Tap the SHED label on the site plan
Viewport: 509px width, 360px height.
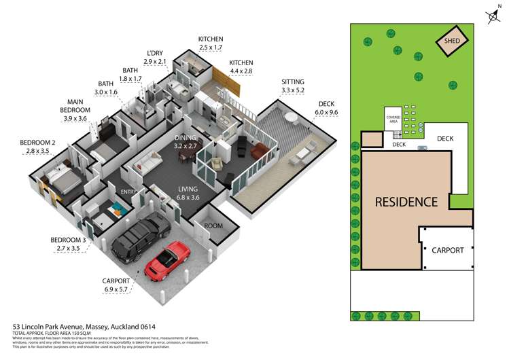click(453, 41)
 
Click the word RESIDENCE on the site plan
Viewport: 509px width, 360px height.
click(406, 202)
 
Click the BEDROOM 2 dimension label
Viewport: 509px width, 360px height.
click(37, 147)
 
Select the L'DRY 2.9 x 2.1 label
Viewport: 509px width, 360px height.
click(155, 58)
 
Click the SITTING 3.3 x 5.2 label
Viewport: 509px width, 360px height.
click(294, 86)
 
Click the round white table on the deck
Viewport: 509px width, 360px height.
click(292, 118)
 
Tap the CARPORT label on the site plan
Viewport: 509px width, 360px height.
click(448, 250)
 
